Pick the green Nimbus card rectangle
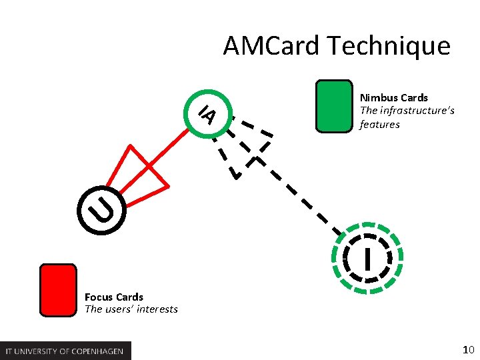click(334, 106)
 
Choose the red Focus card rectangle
click(58, 289)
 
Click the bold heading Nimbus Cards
click(393, 97)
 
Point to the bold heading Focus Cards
click(114, 297)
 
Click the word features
click(379, 124)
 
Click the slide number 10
click(468, 349)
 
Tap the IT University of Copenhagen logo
click(66, 351)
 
